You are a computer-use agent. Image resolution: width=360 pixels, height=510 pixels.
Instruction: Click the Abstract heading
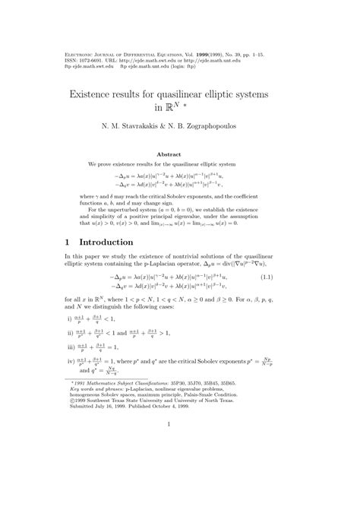(x=179, y=154)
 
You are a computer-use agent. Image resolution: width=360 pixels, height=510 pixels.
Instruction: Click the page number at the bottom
(x=179, y=488)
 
